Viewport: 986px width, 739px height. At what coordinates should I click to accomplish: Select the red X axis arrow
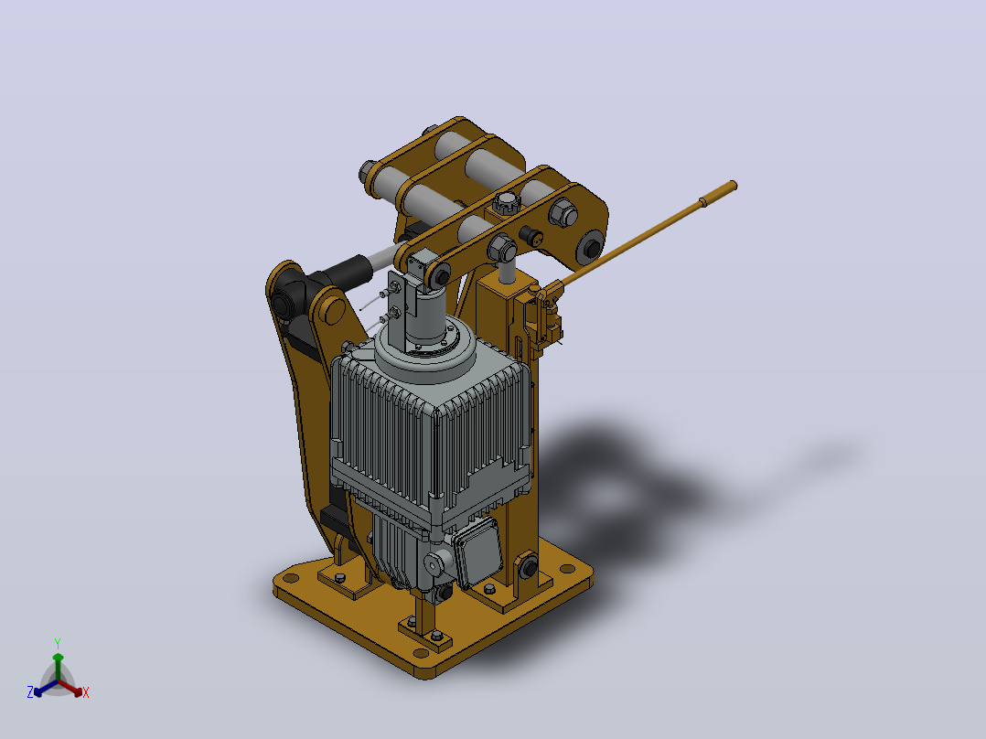(x=71, y=688)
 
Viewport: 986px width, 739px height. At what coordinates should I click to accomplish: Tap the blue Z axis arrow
(x=46, y=689)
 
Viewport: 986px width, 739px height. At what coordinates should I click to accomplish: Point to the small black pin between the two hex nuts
(x=532, y=237)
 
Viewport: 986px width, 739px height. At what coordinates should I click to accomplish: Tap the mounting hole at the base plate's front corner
(x=422, y=654)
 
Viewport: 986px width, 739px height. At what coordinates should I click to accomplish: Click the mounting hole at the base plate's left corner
(x=291, y=577)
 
